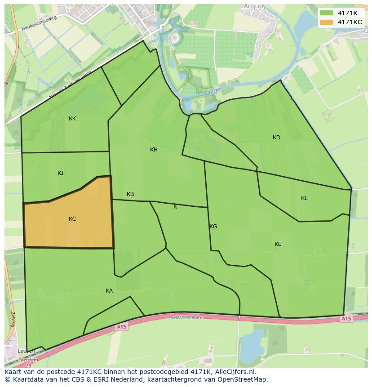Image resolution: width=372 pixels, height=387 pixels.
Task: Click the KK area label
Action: (72, 119)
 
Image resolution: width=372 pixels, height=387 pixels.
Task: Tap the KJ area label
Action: (61, 173)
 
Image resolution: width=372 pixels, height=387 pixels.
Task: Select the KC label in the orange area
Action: (72, 219)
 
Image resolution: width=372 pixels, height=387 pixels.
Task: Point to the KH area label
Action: (154, 150)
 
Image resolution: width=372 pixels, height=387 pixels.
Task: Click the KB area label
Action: (130, 194)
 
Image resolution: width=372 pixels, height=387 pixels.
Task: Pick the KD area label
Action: (276, 138)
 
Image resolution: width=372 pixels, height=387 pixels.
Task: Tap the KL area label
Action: (304, 198)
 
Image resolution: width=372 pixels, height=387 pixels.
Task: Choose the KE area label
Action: (278, 244)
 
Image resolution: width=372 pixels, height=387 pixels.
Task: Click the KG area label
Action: (213, 227)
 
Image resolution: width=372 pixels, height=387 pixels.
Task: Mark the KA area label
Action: (109, 291)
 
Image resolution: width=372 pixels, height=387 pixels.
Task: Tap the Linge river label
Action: (213, 92)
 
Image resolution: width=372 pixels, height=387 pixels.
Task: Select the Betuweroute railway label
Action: (187, 317)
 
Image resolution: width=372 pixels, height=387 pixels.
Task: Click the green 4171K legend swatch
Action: (327, 13)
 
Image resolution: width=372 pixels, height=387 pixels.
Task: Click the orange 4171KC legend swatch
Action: (327, 22)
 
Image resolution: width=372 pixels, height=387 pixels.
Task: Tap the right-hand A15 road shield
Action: (345, 319)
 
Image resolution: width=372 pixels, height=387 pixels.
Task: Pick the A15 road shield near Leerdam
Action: (121, 327)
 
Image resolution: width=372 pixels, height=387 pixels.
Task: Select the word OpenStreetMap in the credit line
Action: (243, 379)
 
